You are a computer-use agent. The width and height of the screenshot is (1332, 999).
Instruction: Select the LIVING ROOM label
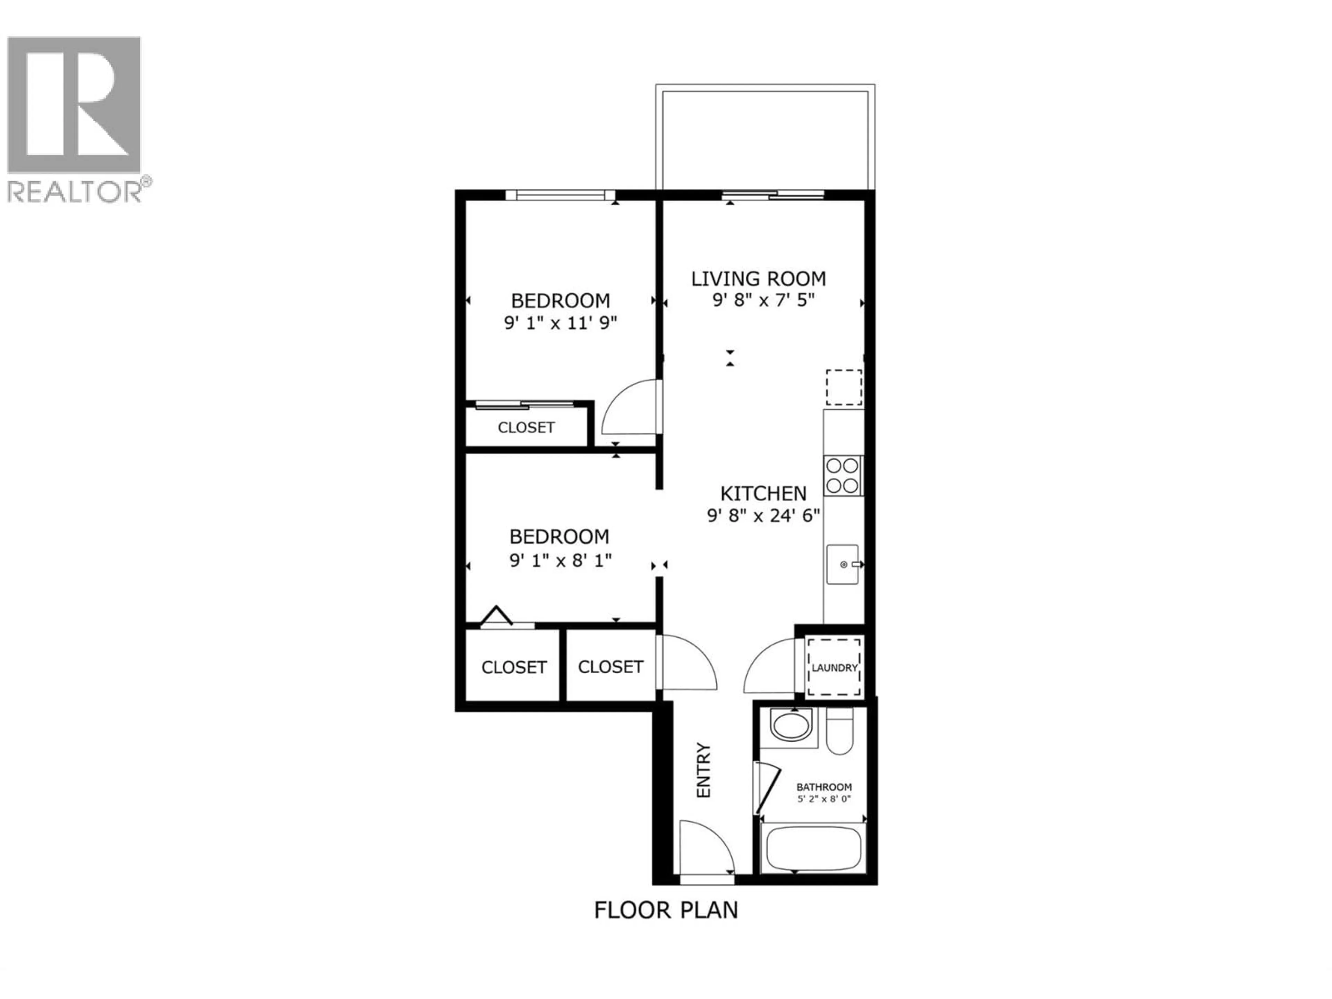point(758,279)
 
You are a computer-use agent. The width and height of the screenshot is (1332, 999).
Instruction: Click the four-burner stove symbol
point(843,475)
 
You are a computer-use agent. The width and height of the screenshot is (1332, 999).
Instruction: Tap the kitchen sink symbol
point(843,564)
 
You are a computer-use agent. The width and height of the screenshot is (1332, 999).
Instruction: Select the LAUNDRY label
point(834,668)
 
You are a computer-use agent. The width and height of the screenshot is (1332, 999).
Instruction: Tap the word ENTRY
point(703,771)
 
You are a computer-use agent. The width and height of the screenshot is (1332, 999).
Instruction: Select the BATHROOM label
point(824,787)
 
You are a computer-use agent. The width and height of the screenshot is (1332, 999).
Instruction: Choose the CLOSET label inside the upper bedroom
point(526,428)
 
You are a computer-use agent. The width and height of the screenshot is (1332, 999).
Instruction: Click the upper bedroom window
point(560,195)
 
